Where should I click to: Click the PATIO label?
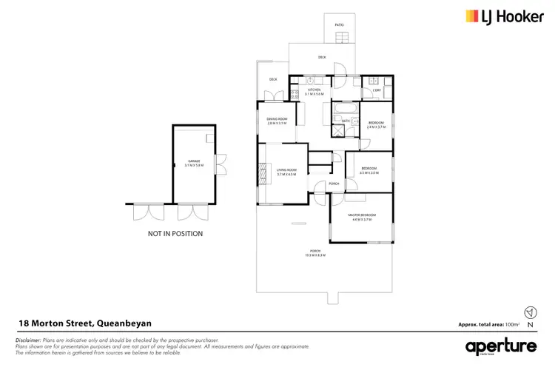pos(340,25)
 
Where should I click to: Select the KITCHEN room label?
pos(314,90)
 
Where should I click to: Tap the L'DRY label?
pos(377,90)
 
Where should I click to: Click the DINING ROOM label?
pos(277,119)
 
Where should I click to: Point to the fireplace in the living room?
pos(261,175)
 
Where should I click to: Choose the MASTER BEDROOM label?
pos(363,215)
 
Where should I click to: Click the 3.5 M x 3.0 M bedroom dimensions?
pos(369,172)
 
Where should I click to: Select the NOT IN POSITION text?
pos(175,234)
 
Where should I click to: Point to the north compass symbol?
pos(529,313)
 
